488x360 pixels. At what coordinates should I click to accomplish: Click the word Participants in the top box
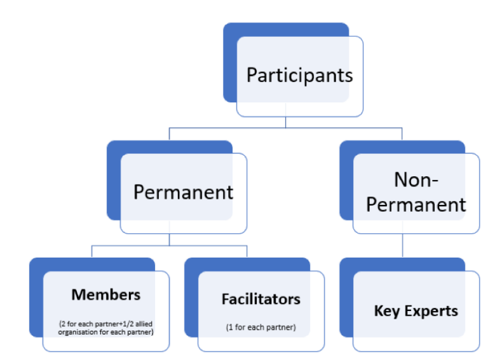tap(300, 76)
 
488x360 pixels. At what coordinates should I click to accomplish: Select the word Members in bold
tap(106, 294)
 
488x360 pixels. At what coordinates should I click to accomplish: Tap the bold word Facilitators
tap(261, 299)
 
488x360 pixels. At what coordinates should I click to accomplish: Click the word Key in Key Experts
tap(387, 311)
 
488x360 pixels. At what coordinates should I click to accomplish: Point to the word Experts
tap(431, 311)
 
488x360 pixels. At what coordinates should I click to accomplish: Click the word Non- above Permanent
tap(416, 180)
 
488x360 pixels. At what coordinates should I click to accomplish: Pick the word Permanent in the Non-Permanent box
tap(416, 205)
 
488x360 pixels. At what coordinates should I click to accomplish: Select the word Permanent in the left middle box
tap(183, 192)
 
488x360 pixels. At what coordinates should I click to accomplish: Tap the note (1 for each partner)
tap(261, 328)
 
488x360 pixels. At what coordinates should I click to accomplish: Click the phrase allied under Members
tap(144, 324)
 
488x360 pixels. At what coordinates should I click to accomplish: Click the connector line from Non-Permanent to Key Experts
tap(402, 245)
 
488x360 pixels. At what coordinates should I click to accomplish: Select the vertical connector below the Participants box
tap(285, 122)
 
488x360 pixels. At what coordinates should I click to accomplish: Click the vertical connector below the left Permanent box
tap(169, 240)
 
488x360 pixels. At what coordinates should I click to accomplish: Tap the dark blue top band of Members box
tap(92, 264)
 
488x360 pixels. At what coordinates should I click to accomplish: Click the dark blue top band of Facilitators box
tap(247, 264)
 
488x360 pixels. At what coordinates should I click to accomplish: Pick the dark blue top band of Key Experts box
tap(402, 264)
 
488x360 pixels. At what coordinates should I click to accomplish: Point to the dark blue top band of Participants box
tap(286, 29)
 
